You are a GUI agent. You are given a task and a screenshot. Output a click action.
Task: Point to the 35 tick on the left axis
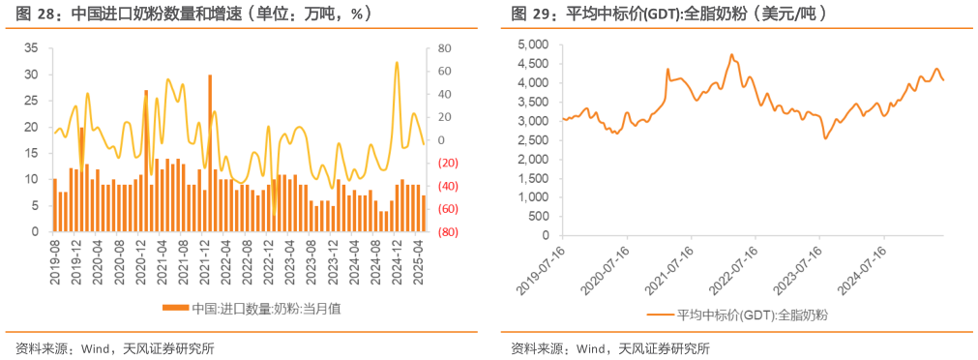tap(30, 48)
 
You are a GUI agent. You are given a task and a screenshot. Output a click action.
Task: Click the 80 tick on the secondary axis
tap(445, 48)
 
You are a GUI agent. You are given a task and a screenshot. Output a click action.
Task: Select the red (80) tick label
tap(448, 232)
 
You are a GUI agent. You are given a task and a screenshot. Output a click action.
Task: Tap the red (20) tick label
tap(448, 163)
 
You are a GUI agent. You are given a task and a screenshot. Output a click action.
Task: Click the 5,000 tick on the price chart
tap(533, 45)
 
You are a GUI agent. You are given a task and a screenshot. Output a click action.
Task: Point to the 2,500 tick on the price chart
tap(533, 140)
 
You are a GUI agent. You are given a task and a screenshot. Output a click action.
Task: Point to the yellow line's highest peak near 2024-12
tap(397, 63)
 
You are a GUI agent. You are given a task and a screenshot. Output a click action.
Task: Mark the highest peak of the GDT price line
tap(731, 55)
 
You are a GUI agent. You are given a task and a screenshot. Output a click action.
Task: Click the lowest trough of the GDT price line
tap(825, 138)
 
